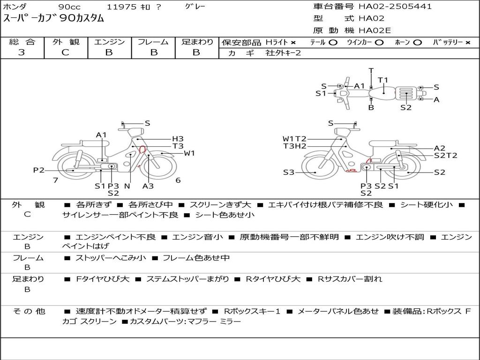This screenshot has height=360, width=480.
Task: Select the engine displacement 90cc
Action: pos(70,7)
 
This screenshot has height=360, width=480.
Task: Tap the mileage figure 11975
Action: pos(121,7)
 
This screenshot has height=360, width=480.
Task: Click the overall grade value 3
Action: pos(22,52)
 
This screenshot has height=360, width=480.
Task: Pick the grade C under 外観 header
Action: pos(65,52)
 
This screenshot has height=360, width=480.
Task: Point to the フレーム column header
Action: pos(153,42)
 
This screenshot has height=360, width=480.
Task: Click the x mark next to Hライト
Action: pos(293,43)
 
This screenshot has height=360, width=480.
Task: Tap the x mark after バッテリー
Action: pos(467,43)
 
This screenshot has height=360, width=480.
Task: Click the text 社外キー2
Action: pos(283,53)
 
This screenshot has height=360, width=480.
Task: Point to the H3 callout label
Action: pos(178,139)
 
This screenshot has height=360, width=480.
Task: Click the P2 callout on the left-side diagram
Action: pos(39,170)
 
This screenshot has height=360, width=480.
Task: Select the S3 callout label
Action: pos(288,172)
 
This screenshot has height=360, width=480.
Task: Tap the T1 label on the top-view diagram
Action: pos(382,80)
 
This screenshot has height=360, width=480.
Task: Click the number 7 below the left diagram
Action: pos(55,180)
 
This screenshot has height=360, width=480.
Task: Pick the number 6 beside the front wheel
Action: pos(178,180)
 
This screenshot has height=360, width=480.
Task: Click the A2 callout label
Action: pos(440,148)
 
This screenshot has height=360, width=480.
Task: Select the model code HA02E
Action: pos(375,30)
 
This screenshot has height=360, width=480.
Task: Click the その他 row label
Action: pos(29,311)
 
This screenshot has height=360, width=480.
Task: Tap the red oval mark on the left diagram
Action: pos(142,150)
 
